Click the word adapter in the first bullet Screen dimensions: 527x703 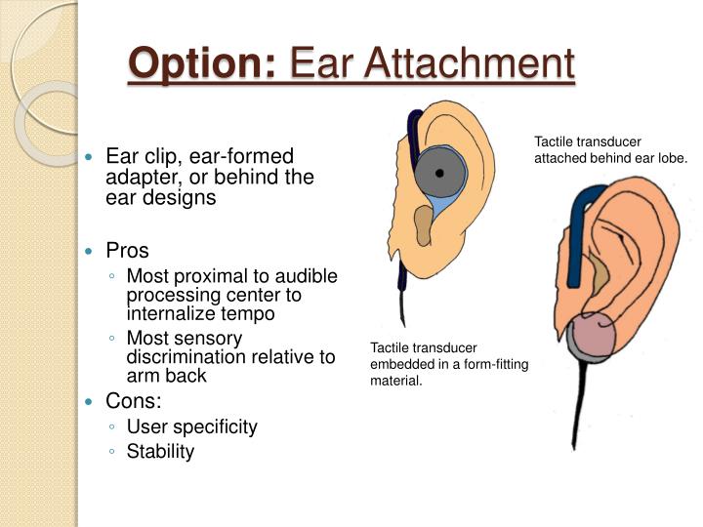(x=136, y=178)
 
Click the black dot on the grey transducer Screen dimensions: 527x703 (x=439, y=173)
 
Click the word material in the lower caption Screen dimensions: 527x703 (x=394, y=381)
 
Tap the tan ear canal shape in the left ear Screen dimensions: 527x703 (x=424, y=225)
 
